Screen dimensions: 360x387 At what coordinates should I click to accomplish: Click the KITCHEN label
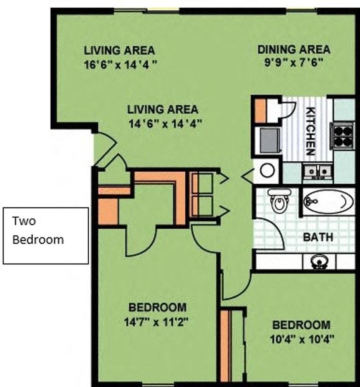pyautogui.click(x=310, y=131)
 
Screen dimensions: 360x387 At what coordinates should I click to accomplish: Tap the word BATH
pyautogui.click(x=318, y=237)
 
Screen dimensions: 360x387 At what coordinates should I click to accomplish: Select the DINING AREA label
pyautogui.click(x=294, y=50)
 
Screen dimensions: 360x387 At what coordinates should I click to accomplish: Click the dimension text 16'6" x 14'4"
pyautogui.click(x=120, y=65)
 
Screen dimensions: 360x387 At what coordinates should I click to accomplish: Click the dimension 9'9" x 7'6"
pyautogui.click(x=294, y=62)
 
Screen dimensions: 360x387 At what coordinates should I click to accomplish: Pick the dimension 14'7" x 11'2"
pyautogui.click(x=156, y=322)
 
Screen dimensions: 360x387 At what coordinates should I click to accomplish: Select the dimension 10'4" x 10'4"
pyautogui.click(x=302, y=339)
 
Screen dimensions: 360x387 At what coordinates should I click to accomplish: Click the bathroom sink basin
pyautogui.click(x=319, y=262)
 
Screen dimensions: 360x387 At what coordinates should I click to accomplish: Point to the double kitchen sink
pyautogui.click(x=318, y=171)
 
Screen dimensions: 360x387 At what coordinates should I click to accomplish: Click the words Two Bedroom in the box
pyautogui.click(x=38, y=230)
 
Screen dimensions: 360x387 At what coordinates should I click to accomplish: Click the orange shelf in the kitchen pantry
pyautogui.click(x=260, y=111)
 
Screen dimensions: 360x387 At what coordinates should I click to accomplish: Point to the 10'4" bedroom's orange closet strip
pyautogui.click(x=225, y=347)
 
